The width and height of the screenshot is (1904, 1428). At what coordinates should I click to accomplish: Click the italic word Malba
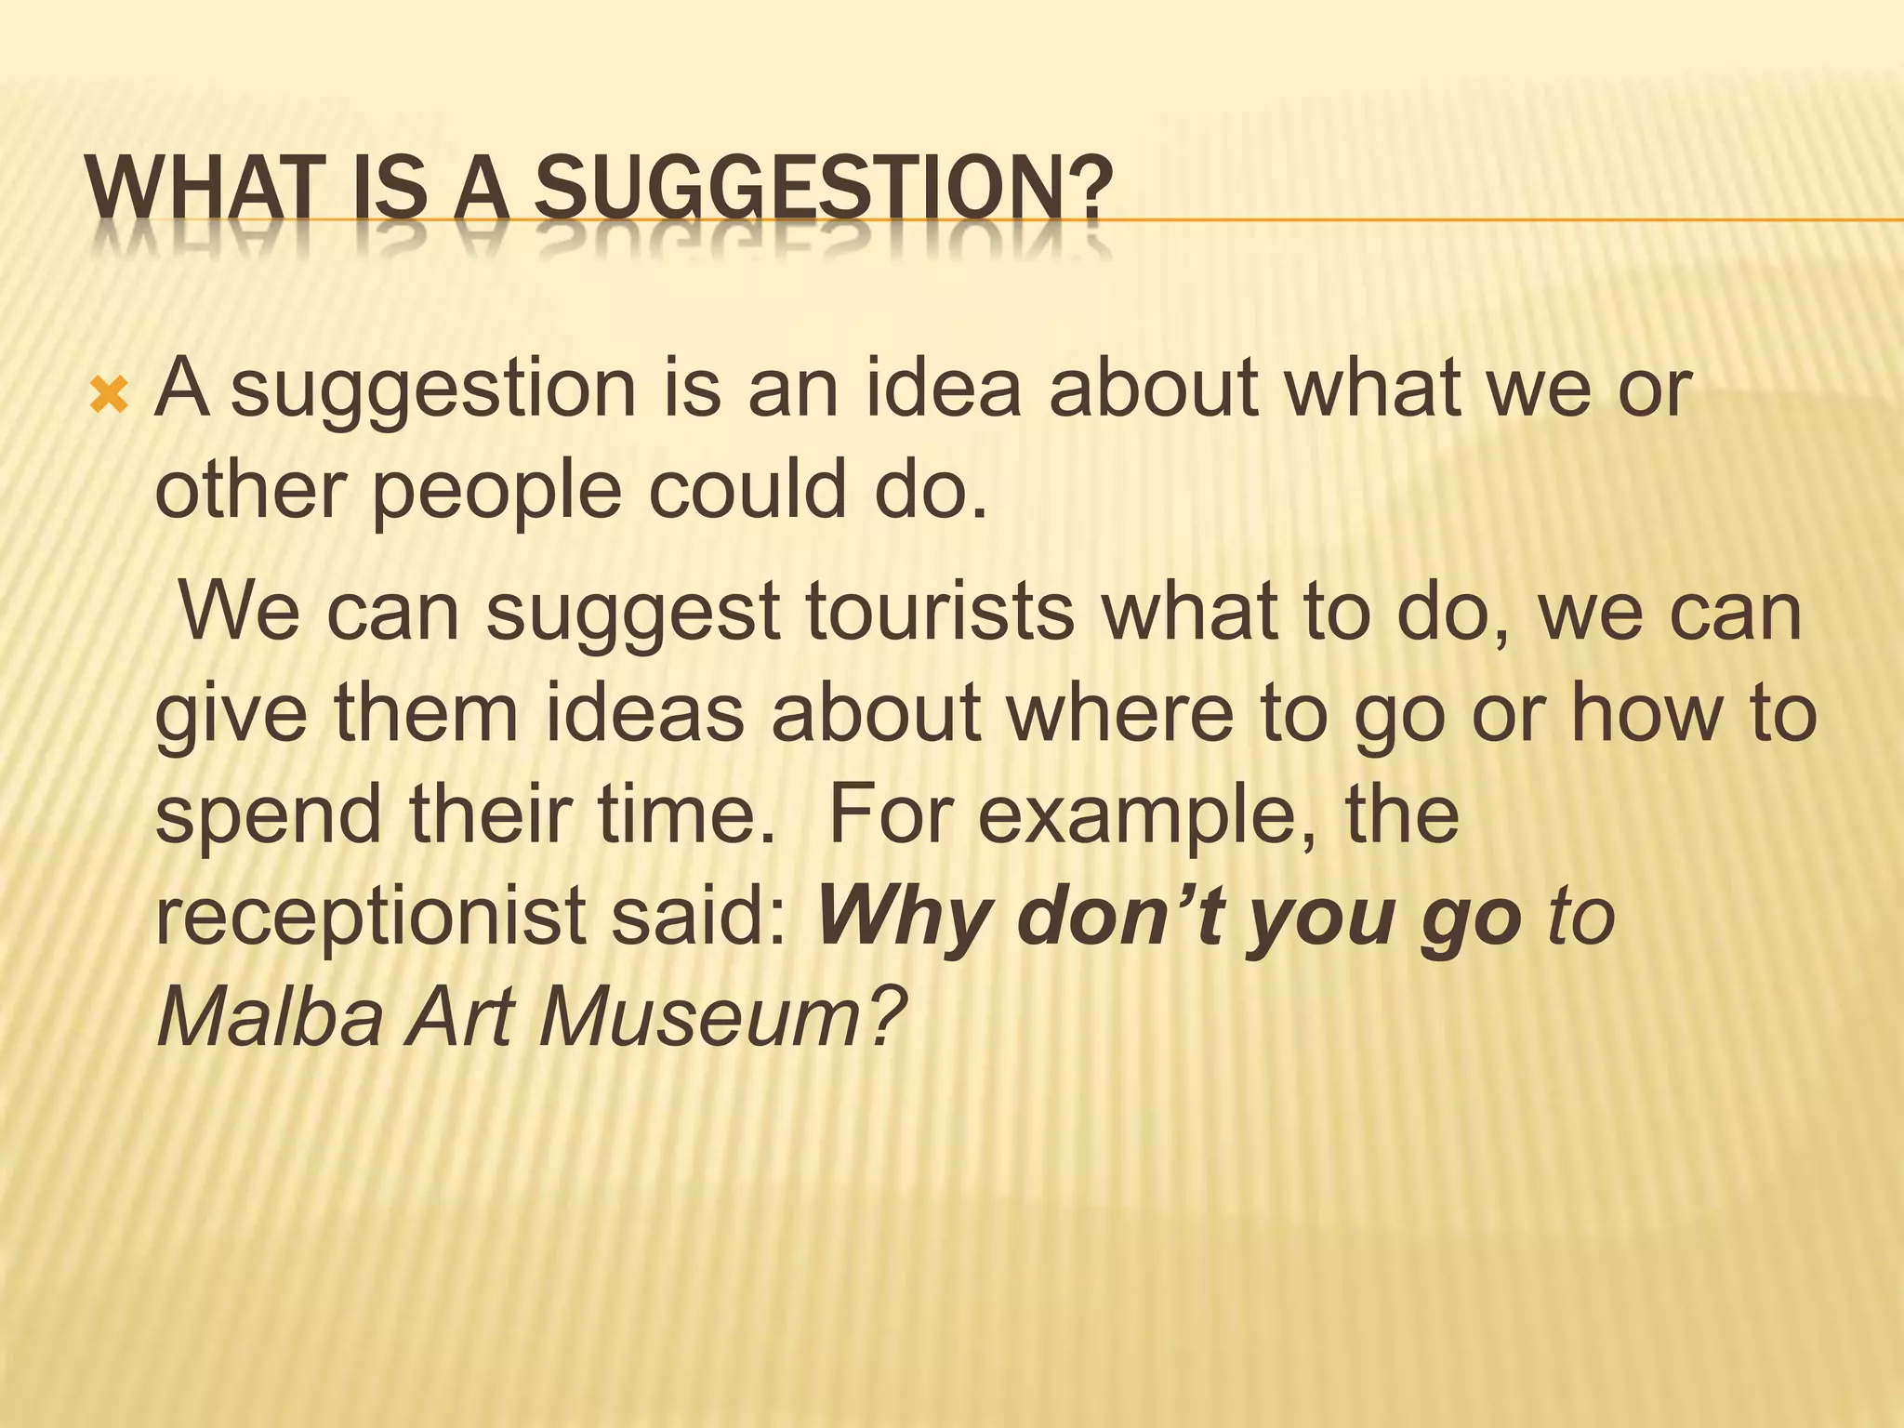point(270,1019)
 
